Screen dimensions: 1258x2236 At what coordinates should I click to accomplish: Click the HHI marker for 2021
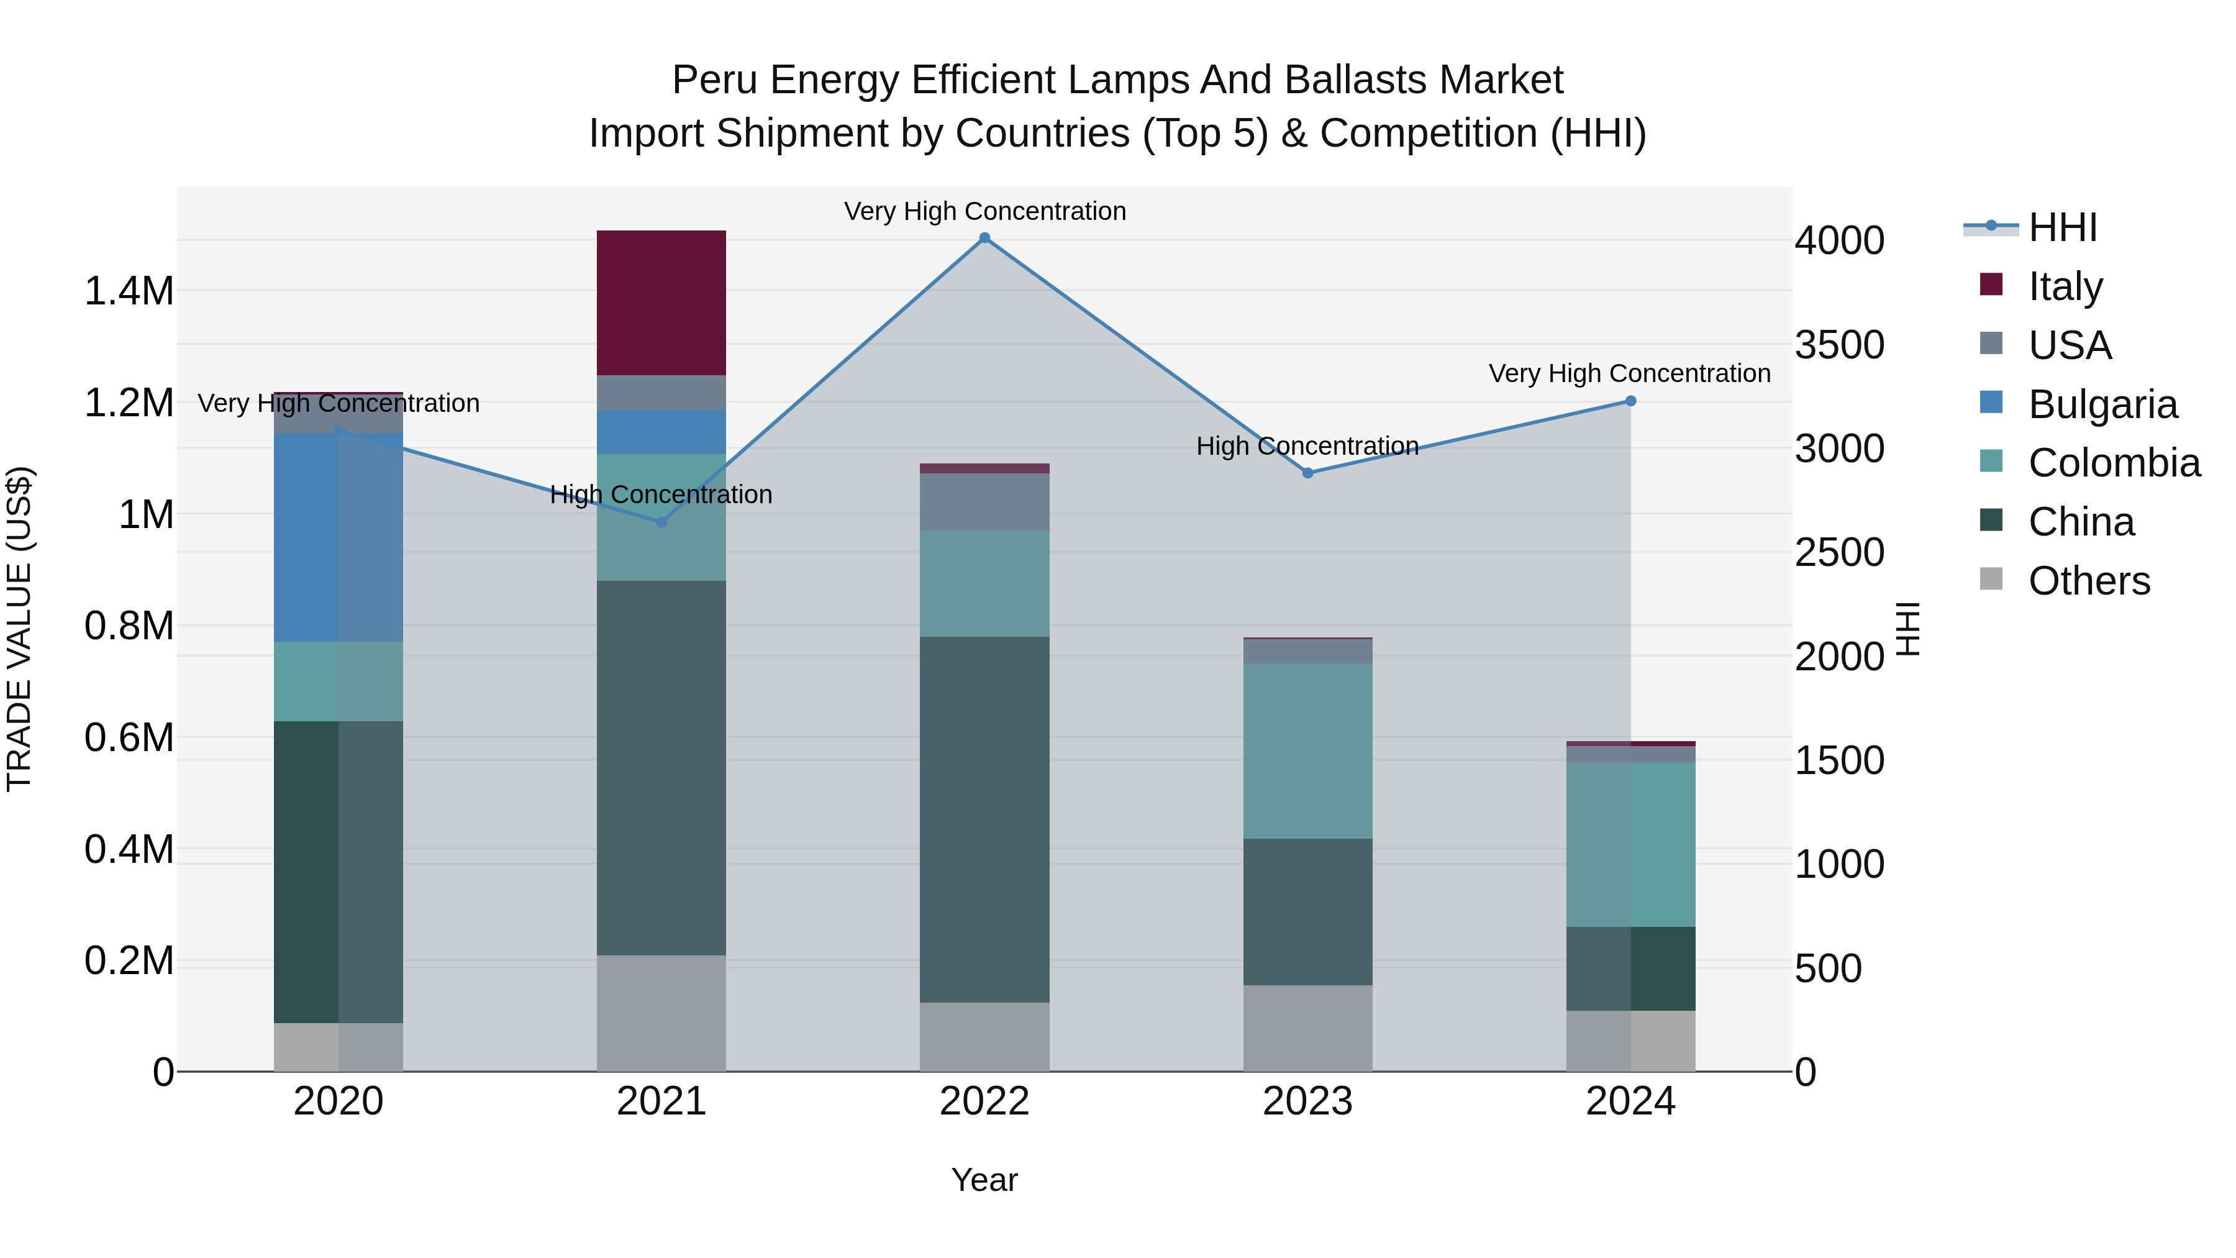661,522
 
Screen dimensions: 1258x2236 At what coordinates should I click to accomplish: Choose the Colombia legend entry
2113,463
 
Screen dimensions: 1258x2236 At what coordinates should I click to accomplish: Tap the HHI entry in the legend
2061,227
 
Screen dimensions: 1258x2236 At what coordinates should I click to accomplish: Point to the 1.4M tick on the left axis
129,291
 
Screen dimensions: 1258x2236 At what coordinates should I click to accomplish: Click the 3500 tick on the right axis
1838,345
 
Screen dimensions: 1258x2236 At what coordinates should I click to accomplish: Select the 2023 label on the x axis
1307,1101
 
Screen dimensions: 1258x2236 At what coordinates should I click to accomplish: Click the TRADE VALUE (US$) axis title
19,629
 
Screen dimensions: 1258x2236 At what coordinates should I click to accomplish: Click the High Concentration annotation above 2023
1307,446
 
